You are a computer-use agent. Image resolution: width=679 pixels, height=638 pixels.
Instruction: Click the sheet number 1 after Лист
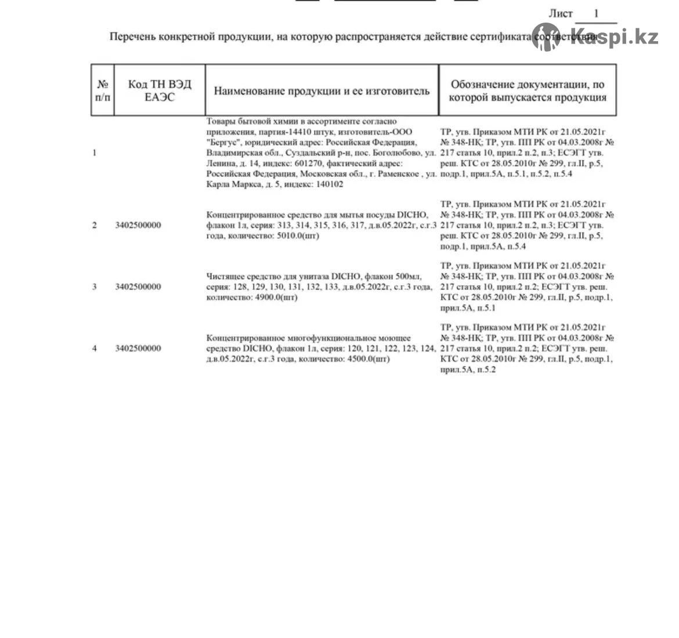(x=596, y=14)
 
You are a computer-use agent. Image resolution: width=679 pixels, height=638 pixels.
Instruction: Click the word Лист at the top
(x=561, y=14)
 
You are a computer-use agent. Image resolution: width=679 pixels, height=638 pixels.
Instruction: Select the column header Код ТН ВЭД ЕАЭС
(x=160, y=90)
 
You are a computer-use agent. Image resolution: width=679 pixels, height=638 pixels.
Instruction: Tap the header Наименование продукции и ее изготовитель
(x=322, y=91)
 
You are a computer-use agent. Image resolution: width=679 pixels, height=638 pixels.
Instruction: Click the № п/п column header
(x=103, y=90)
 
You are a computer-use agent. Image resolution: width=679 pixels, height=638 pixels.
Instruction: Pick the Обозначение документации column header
(x=528, y=90)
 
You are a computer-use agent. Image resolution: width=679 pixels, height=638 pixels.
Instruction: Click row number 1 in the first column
(x=95, y=153)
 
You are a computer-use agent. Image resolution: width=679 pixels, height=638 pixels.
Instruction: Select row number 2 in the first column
(x=95, y=225)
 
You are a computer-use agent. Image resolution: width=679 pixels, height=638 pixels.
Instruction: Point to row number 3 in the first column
(x=95, y=287)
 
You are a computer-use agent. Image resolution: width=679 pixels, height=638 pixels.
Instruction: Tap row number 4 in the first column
(x=95, y=348)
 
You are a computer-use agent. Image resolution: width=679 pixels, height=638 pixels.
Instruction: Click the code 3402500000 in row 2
(x=138, y=225)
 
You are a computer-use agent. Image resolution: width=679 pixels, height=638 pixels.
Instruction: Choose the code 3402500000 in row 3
(x=138, y=287)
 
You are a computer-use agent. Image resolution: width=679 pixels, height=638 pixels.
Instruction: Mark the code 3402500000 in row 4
(x=138, y=348)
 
